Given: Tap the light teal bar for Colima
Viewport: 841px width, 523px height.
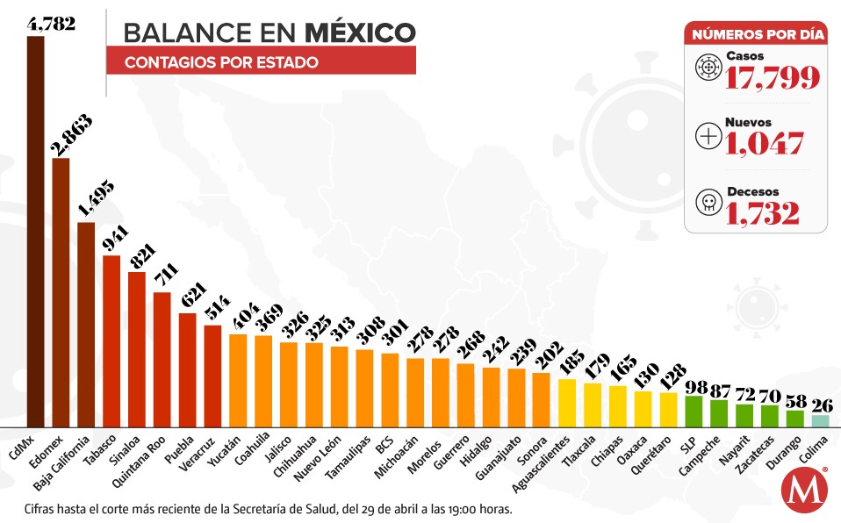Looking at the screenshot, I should click(820, 420).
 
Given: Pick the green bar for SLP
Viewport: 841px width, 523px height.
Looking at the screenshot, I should click(694, 411).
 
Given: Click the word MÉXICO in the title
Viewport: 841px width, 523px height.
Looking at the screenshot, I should click(360, 32).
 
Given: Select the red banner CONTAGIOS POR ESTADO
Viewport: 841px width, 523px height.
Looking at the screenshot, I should click(261, 62).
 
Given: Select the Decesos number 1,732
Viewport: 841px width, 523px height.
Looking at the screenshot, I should click(763, 213).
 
